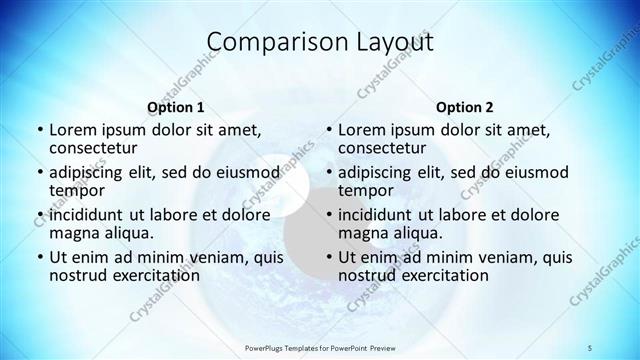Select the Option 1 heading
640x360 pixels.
176,106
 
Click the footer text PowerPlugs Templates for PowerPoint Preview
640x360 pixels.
320,347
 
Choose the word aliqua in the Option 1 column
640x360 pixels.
128,233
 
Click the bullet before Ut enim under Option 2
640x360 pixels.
328,258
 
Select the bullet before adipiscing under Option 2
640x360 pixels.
328,173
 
